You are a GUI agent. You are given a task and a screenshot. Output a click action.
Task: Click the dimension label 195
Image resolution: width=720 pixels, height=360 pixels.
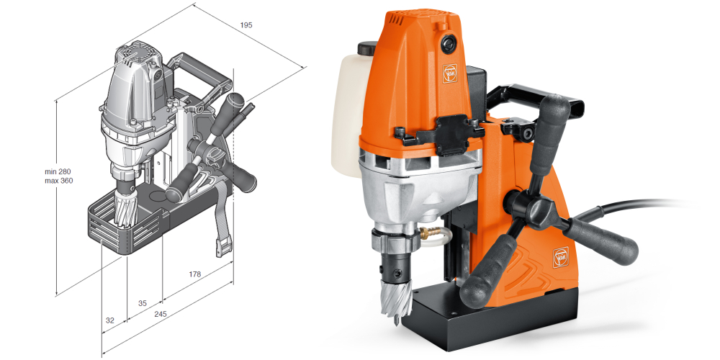tap(246, 25)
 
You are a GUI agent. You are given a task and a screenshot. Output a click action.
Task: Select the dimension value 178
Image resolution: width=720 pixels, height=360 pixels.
tap(194, 274)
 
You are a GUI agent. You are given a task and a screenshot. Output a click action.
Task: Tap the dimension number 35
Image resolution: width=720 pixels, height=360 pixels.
tap(143, 303)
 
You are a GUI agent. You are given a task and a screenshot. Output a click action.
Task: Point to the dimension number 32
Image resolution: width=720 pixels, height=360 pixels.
tap(109, 320)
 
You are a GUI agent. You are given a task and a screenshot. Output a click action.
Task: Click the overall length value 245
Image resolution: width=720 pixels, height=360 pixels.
tap(161, 314)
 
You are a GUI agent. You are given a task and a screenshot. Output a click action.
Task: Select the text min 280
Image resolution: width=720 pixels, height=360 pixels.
tap(58, 171)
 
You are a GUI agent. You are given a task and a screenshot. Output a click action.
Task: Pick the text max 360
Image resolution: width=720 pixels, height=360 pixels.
tap(58, 181)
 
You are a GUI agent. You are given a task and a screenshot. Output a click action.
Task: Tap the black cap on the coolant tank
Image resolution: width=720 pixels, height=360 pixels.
tap(367, 48)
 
